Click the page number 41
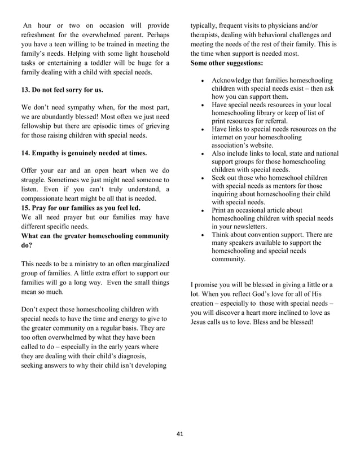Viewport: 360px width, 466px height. pyautogui.click(x=180, y=434)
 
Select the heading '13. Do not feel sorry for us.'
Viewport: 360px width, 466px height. pyautogui.click(x=62, y=90)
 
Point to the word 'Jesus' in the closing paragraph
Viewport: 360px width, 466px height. pyautogui.click(x=200, y=322)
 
